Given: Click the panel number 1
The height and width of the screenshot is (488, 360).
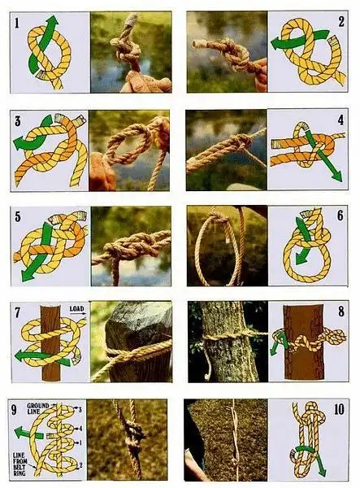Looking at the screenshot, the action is (x=16, y=23).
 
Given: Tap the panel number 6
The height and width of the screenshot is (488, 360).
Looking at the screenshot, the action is (x=340, y=216).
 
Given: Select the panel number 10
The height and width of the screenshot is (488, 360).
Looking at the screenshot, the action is (x=339, y=410).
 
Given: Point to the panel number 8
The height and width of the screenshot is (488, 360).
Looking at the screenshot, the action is (x=341, y=312).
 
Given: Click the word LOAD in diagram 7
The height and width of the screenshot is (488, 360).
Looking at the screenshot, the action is (x=76, y=309).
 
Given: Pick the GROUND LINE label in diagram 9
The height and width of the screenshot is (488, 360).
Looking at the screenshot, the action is (x=38, y=408).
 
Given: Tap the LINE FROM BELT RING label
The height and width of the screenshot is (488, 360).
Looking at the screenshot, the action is (x=20, y=464).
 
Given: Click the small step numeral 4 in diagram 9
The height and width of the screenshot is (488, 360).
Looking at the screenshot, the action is (x=80, y=429).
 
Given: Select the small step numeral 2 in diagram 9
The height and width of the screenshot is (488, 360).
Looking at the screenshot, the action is (x=80, y=465).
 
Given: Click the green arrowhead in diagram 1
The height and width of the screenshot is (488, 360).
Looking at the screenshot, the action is (x=53, y=21).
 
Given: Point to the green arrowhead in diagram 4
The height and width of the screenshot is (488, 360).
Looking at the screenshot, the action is (x=336, y=176).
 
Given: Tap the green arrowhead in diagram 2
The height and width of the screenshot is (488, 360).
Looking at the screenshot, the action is (x=276, y=44).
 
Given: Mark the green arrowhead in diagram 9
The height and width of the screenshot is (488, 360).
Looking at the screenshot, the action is (x=20, y=433).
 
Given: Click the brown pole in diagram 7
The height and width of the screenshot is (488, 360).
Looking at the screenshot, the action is (x=50, y=343).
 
